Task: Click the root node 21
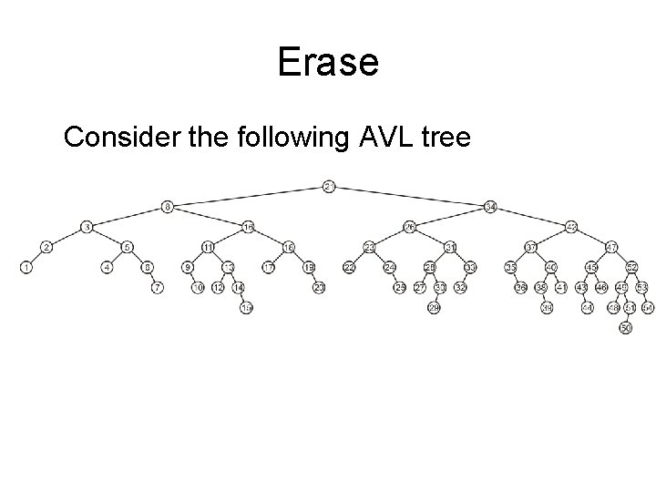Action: pos(330,187)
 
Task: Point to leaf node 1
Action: pos(26,267)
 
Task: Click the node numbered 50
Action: pos(625,328)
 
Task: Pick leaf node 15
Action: pos(246,309)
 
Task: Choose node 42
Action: pos(571,226)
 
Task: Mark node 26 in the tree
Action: pos(410,226)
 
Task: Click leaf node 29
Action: pos(434,309)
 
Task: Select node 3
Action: pos(87,226)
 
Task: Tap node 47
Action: pos(611,246)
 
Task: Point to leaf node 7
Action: pos(158,288)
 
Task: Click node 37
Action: pos(531,246)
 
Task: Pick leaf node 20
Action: pos(319,288)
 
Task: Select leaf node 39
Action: pos(547,309)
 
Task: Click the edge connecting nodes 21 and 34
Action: pos(410,196)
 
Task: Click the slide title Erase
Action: pos(327,61)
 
